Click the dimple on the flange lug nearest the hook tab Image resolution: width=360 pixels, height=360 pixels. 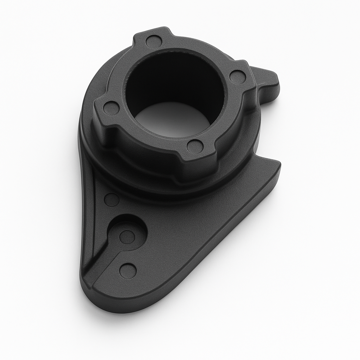tap(238, 77)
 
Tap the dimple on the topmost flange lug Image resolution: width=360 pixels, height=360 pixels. tap(154, 41)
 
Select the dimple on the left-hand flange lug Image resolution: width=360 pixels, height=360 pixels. tap(111, 108)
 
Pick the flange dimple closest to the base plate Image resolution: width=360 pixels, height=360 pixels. tap(195, 146)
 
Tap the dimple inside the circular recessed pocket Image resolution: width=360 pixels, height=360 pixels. tap(127, 237)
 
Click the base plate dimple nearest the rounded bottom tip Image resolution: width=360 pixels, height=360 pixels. tap(128, 271)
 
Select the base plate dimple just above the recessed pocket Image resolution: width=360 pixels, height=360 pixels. tap(112, 200)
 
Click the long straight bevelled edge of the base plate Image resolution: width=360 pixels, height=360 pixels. tap(218, 246)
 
